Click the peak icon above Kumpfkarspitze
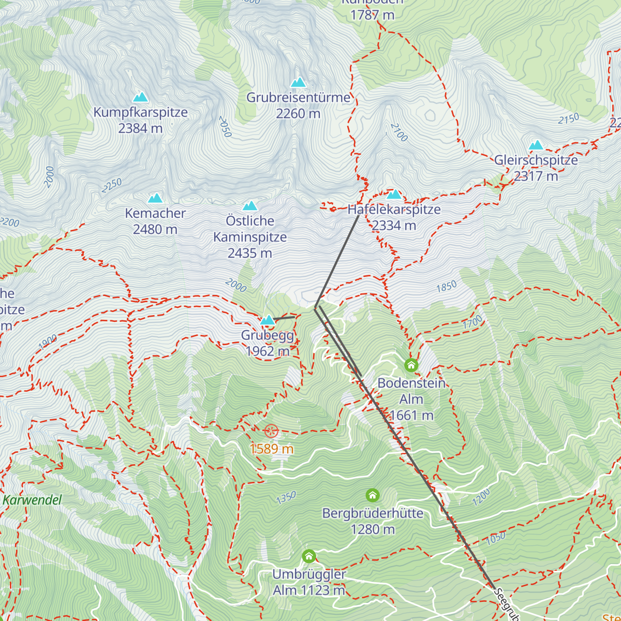coord(140,97)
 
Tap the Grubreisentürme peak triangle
coord(298,82)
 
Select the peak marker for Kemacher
coord(155,198)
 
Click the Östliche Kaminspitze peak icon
coord(250,206)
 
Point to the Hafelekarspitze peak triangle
coord(394,195)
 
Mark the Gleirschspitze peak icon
coord(536,145)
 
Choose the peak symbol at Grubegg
coord(268,320)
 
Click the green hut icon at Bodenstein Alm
coord(411,365)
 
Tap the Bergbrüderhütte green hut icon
coord(373,495)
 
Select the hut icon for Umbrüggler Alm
coord(309,556)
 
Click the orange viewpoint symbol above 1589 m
coord(271,431)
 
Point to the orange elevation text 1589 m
coord(272,449)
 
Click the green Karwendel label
coord(32,500)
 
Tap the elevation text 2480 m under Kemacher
coord(155,229)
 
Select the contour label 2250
coord(112,185)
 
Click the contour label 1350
coord(286,498)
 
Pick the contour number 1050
coord(496,539)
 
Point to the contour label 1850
coord(447,286)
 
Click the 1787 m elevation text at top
coord(373,15)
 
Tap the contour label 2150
coord(569,119)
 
